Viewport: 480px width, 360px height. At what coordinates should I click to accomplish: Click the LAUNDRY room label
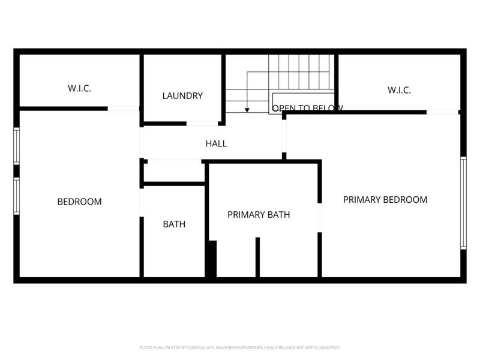pyautogui.click(x=182, y=96)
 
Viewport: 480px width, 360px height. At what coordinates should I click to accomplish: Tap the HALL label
pyautogui.click(x=216, y=144)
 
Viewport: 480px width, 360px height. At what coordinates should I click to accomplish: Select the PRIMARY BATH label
pyautogui.click(x=259, y=214)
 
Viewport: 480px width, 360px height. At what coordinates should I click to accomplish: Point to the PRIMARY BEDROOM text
pyautogui.click(x=385, y=200)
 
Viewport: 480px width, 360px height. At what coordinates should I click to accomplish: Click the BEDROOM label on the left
pyautogui.click(x=79, y=202)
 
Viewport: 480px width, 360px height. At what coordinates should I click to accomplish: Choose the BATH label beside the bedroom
pyautogui.click(x=174, y=224)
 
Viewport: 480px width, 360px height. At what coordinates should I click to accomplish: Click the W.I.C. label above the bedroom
pyautogui.click(x=79, y=89)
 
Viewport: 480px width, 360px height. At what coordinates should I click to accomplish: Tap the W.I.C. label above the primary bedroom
pyautogui.click(x=399, y=91)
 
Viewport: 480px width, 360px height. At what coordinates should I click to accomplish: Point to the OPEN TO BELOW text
pyautogui.click(x=307, y=109)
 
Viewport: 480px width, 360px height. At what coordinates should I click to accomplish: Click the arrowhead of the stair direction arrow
pyautogui.click(x=247, y=110)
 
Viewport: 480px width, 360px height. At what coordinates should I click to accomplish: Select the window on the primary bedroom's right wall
pyautogui.click(x=463, y=203)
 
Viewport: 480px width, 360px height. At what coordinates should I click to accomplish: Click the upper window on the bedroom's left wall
pyautogui.click(x=17, y=145)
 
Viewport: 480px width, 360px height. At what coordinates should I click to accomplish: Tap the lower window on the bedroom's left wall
pyautogui.click(x=17, y=196)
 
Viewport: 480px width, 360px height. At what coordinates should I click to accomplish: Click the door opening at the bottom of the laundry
pyautogui.click(x=202, y=124)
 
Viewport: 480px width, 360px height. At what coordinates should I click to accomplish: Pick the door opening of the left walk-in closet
pyautogui.click(x=124, y=109)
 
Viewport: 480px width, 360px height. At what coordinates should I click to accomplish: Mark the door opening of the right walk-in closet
pyautogui.click(x=443, y=112)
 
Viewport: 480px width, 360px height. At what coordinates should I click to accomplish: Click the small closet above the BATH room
pyautogui.click(x=174, y=172)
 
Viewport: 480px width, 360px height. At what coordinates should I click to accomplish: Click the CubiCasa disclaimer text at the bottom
pyautogui.click(x=239, y=348)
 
